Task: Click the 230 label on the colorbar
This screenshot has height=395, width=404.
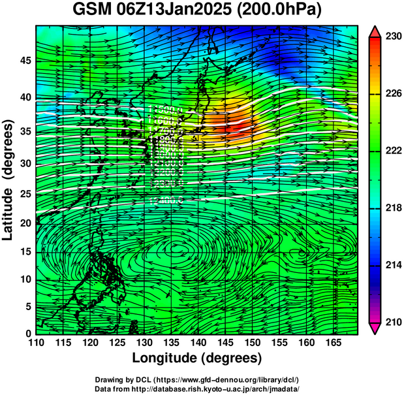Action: [x=393, y=37]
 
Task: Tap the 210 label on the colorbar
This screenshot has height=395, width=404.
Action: [x=393, y=322]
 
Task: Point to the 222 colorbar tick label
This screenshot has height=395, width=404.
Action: [x=393, y=151]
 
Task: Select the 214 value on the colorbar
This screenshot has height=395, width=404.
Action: [x=393, y=265]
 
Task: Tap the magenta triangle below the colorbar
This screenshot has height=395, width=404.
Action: [x=374, y=328]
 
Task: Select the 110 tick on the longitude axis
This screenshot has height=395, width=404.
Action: [x=37, y=343]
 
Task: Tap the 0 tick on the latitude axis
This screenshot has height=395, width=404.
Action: [x=27, y=333]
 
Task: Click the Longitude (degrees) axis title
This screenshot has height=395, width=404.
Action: [x=197, y=358]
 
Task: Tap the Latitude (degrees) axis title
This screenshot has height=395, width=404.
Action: [x=8, y=180]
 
